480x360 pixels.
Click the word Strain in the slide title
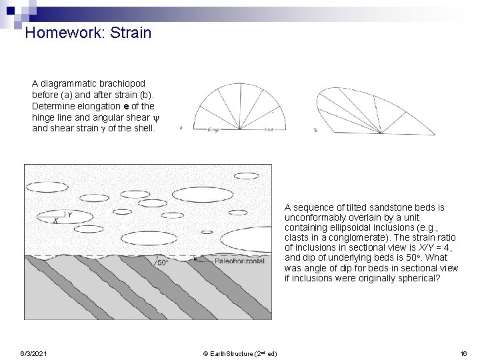pos(131,32)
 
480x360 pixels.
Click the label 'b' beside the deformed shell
pos(315,130)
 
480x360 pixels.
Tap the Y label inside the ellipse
pos(70,215)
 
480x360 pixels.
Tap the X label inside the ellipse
pos(55,220)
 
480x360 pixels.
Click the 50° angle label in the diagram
pos(163,263)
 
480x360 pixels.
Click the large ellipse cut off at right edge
pos(250,239)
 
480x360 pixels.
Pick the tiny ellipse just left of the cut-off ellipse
pos(207,233)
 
